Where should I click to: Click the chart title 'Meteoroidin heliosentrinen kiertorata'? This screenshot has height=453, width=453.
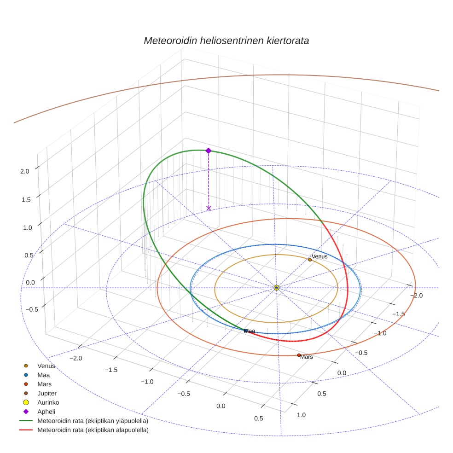tap(226, 41)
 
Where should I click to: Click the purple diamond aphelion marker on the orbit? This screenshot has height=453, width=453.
tap(209, 151)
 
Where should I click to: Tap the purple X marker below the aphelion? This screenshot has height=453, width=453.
tap(209, 208)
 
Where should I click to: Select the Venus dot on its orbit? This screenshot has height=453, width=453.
tap(310, 260)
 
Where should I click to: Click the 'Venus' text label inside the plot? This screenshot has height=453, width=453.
tap(319, 256)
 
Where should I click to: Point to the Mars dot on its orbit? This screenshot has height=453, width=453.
tap(299, 355)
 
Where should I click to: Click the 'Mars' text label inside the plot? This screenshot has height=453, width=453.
tap(307, 357)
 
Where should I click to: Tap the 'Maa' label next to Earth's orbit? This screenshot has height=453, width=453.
tap(250, 331)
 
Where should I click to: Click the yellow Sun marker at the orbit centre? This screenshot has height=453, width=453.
tap(276, 288)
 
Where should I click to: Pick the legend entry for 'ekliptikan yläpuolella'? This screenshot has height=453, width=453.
tap(93, 421)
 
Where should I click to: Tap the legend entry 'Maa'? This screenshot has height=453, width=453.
tap(44, 375)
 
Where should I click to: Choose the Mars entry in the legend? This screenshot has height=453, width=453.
tap(44, 384)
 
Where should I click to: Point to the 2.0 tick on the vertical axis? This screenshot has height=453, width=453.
tap(24, 171)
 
